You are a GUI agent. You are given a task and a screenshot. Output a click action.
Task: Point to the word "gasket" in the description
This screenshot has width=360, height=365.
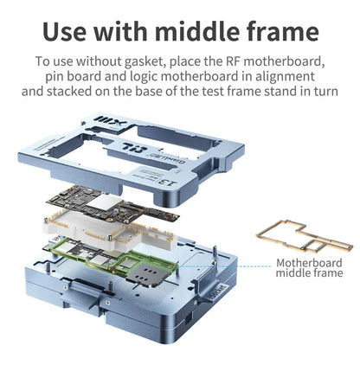coord(145,61)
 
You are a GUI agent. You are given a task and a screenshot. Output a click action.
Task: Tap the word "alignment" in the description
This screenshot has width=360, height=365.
coord(285,77)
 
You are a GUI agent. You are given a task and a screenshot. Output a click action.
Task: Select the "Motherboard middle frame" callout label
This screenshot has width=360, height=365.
coord(309,267)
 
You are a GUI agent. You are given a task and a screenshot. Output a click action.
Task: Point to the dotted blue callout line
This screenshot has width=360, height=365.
coord(225,266)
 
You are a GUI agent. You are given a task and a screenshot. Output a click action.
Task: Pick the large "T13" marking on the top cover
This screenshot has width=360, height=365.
coord(135,148)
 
